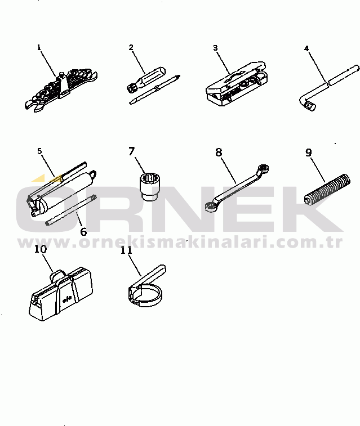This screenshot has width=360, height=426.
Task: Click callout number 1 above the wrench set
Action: point(39,47)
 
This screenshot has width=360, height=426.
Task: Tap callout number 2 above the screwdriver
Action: point(131,47)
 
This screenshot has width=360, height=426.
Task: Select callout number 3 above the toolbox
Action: point(215,48)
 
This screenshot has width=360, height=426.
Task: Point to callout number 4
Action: point(306,48)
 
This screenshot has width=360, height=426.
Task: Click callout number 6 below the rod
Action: point(83,231)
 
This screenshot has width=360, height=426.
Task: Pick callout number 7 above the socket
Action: point(132,151)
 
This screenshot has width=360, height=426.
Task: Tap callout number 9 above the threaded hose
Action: point(308,153)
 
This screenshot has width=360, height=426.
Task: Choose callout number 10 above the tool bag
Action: point(41,249)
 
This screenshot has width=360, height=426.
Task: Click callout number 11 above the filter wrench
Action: point(126,250)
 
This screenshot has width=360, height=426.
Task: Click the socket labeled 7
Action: point(148,186)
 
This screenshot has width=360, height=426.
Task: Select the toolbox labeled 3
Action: point(237,84)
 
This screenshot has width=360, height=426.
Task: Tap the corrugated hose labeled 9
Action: point(327,190)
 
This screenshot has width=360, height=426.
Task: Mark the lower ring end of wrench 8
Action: point(211,206)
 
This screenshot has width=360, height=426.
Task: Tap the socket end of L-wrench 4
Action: point(310,105)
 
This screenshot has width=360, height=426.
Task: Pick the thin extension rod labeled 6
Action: point(71,210)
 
